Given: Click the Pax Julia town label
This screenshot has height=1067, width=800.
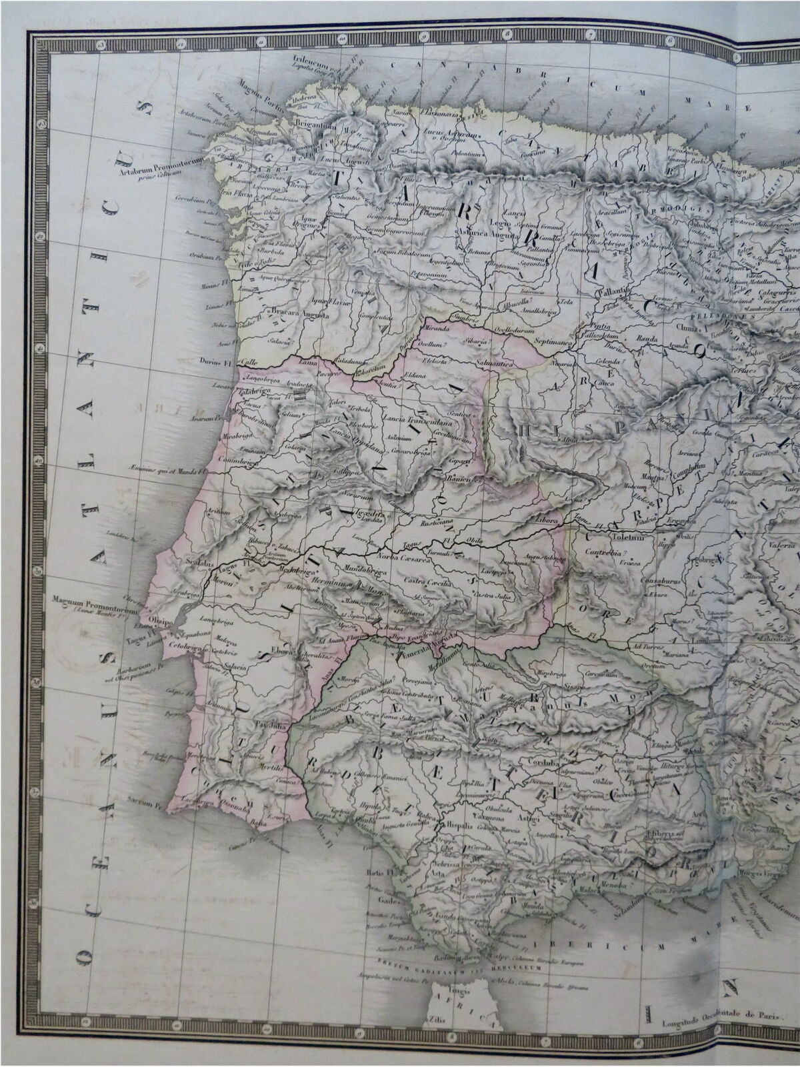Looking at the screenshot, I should pos(273,722).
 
